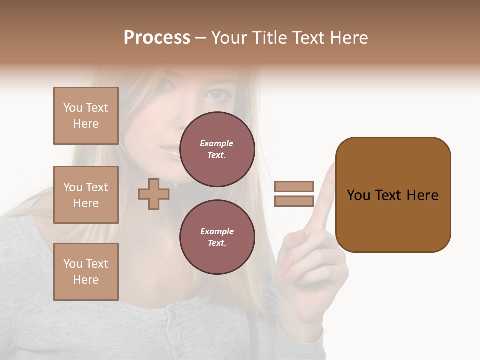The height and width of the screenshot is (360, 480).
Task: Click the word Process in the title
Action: (157, 38)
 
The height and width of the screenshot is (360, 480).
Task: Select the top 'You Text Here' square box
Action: (86, 116)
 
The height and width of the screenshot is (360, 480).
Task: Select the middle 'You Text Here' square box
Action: (86, 195)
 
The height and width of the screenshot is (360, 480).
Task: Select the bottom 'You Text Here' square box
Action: (86, 272)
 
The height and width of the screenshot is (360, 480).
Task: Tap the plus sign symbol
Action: (153, 194)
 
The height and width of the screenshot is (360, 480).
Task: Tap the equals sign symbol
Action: (294, 194)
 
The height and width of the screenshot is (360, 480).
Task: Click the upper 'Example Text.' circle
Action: (217, 149)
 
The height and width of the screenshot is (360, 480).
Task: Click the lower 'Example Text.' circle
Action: (217, 237)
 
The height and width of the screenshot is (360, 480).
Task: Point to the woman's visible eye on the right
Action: (216, 93)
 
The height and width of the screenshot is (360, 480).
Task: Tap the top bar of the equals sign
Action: (294, 187)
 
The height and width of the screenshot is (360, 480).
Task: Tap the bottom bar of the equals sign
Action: (294, 201)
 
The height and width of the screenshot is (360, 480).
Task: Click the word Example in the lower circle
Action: (217, 231)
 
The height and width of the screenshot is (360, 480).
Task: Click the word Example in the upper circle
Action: (217, 143)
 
